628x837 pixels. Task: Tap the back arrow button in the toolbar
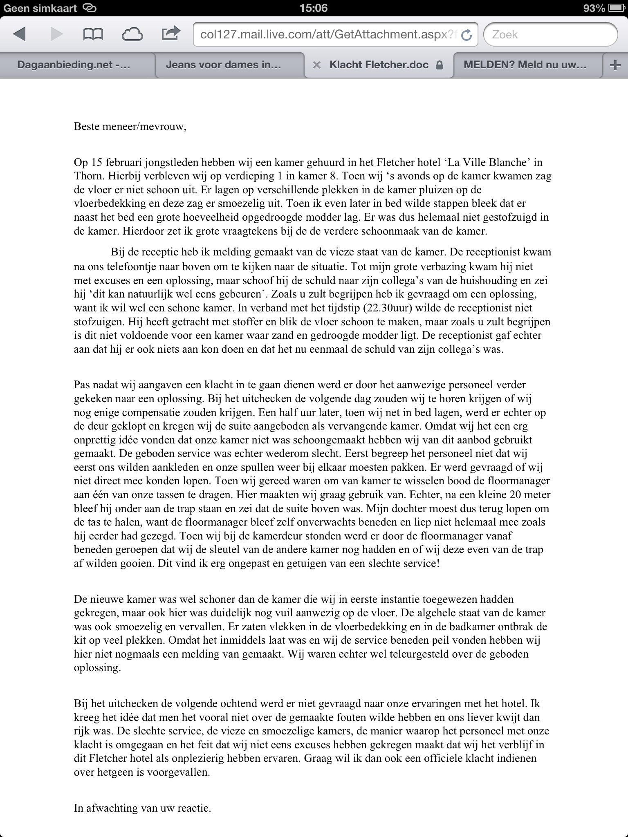tap(20, 34)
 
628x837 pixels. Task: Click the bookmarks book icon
tap(93, 34)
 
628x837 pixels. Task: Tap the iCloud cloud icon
tap(132, 34)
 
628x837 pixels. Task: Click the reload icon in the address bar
tap(466, 35)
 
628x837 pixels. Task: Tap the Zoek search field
tap(550, 34)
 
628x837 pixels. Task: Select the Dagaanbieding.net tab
tap(74, 65)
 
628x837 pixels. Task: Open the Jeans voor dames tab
tap(223, 65)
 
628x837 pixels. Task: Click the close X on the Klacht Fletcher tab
tap(316, 65)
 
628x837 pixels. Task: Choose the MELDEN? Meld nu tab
tap(525, 65)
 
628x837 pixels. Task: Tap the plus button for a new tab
tap(615, 65)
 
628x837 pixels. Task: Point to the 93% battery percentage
tap(594, 8)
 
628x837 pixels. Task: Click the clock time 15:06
tap(314, 8)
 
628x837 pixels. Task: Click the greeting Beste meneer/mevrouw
tap(130, 127)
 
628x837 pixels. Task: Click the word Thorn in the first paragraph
tap(87, 176)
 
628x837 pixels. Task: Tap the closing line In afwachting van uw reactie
tap(142, 808)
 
